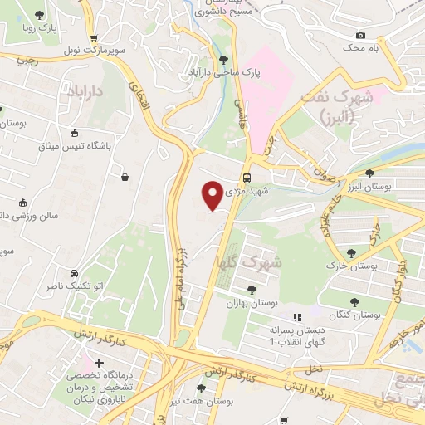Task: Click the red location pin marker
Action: (212, 194)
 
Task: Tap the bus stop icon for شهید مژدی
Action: (247, 178)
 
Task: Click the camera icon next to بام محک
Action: (360, 35)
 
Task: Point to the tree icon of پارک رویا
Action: (40, 14)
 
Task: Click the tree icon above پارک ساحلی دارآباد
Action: (223, 59)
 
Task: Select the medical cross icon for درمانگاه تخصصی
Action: (100, 363)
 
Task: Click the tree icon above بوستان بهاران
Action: (252, 289)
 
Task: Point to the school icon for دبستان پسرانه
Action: (296, 317)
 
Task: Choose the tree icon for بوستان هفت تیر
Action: (200, 388)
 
